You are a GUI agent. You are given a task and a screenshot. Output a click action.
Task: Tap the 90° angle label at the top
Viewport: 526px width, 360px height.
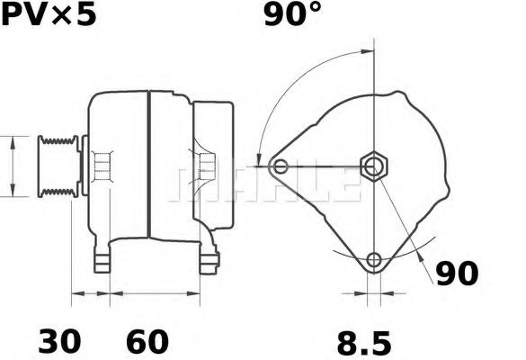[x=293, y=15]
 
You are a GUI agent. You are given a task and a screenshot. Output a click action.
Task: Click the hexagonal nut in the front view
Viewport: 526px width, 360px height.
[x=373, y=166]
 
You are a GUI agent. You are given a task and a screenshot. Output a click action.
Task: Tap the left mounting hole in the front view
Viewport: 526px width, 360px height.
[x=281, y=166]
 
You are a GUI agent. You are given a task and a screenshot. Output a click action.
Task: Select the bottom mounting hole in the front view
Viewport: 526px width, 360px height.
[x=373, y=261]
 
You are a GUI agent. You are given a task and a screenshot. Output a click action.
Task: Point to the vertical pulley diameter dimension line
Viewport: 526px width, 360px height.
[x=12, y=166]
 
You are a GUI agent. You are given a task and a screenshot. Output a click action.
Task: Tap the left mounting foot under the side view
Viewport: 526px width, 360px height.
[x=103, y=260]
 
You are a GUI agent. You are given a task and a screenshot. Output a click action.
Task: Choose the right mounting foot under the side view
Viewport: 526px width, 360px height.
[x=210, y=260]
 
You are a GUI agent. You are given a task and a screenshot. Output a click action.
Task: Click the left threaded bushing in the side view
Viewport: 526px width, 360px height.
[x=103, y=166]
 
